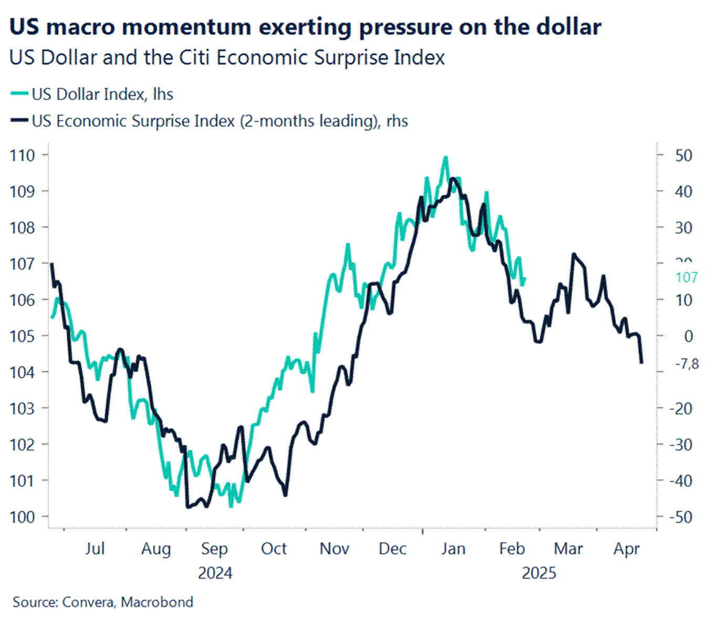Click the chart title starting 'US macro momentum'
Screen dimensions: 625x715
coord(305,27)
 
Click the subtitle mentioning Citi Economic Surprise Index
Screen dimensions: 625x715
coord(227,57)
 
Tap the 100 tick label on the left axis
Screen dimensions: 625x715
coord(22,516)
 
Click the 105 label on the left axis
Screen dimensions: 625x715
coord(22,336)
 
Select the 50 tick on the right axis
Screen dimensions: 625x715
coord(684,155)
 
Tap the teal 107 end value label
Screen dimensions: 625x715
coord(687,277)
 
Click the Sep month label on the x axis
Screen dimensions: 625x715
coord(214,548)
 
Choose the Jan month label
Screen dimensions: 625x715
coord(453,548)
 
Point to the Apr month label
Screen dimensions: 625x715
coord(626,548)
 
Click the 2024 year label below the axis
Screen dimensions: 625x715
coord(215,573)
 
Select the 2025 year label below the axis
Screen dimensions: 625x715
coord(539,573)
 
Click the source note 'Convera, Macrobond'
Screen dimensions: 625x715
coord(103,601)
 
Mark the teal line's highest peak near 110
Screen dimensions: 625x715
coord(446,157)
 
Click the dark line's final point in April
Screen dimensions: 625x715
coord(642,362)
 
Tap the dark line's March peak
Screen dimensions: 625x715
coord(574,254)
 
